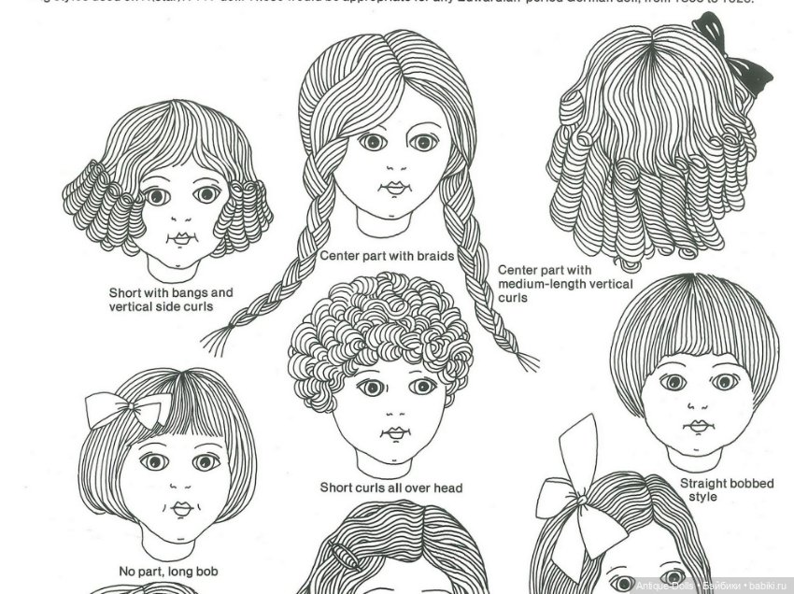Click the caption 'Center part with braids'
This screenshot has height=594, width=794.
(387, 255)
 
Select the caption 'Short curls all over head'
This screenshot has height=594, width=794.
(390, 488)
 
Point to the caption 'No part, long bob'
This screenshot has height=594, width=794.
(169, 571)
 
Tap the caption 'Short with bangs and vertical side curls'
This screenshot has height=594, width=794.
(171, 300)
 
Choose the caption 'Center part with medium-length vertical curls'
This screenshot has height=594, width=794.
(564, 284)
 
